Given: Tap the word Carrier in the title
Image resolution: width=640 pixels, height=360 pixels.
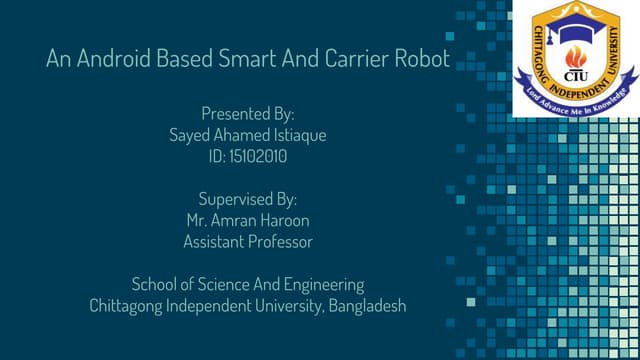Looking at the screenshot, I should click(350, 60).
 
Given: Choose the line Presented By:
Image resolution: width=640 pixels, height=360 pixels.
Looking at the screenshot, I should click(248, 113).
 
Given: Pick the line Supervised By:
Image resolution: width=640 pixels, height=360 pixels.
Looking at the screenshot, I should click(248, 198).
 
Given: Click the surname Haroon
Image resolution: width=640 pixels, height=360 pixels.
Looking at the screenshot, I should click(283, 219).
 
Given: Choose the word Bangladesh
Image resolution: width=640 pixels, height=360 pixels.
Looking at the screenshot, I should click(366, 305).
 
